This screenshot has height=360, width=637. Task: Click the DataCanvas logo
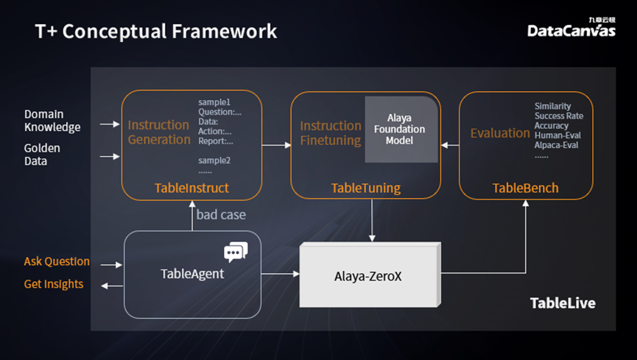point(571,29)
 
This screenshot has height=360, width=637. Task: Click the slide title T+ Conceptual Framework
point(156,32)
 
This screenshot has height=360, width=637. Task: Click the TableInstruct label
point(191,188)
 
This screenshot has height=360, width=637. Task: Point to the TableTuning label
point(366,188)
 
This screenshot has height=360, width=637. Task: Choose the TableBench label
point(525,188)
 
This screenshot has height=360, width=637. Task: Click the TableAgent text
point(192,274)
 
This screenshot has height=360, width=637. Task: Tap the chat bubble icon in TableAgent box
point(235,252)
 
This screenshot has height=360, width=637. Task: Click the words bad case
point(221,215)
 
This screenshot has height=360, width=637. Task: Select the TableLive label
point(563,303)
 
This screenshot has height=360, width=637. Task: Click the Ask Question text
point(57,261)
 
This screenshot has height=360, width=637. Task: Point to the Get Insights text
point(54,284)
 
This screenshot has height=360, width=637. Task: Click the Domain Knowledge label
point(52,121)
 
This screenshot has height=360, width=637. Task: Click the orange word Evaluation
point(500,133)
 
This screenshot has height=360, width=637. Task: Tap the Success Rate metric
point(558,116)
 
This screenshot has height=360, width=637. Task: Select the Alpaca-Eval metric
point(556,145)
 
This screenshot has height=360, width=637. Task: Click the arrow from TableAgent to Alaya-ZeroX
point(281,274)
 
